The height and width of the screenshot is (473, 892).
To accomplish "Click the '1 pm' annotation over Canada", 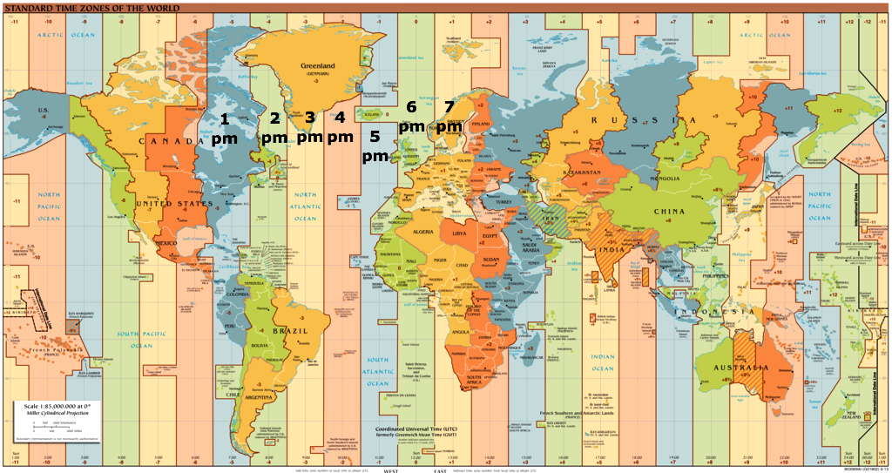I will (x=224, y=128).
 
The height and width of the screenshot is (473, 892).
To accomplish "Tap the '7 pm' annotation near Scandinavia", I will (x=449, y=117).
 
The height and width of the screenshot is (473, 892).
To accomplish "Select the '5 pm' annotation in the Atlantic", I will (x=375, y=146).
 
